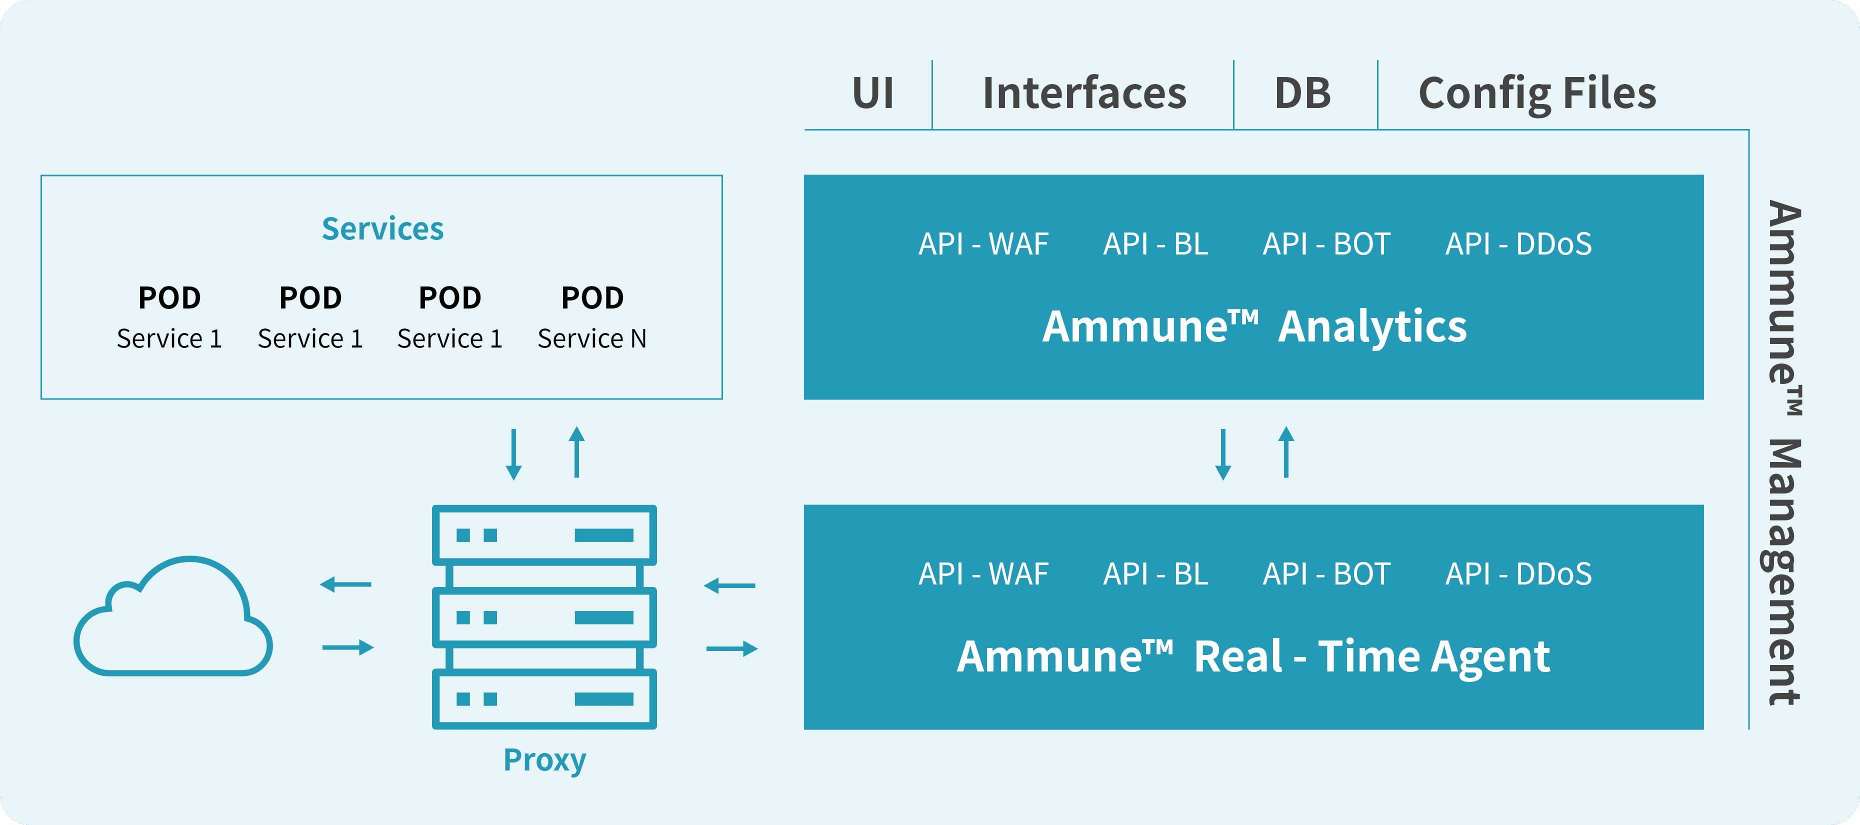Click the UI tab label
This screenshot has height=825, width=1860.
click(x=873, y=93)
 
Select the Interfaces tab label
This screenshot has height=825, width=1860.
click(x=1084, y=93)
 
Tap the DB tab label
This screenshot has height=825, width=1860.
click(x=1302, y=93)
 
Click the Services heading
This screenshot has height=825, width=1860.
click(x=382, y=229)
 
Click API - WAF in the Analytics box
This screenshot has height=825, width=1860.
click(x=983, y=244)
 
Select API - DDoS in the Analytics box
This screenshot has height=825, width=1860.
click(x=1518, y=244)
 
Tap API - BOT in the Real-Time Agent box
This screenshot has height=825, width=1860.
click(x=1326, y=574)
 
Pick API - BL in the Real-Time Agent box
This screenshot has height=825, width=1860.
click(x=1155, y=574)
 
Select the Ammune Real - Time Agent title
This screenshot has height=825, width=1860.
click(x=1253, y=657)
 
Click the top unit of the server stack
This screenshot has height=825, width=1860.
click(x=544, y=535)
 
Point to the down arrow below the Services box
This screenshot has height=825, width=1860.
click(x=513, y=454)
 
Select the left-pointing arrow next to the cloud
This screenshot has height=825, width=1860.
click(x=346, y=584)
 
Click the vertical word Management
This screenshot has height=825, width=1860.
click(x=1785, y=571)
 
